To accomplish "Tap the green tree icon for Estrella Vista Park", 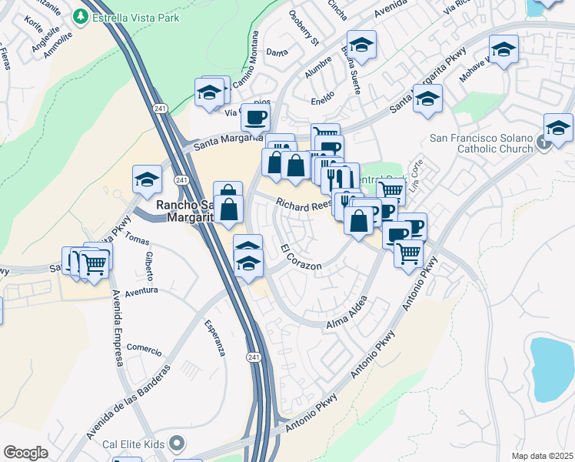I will [81, 16].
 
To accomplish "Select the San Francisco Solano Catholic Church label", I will [480, 144].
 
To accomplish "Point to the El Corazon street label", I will [301, 258].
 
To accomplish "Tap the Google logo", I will [25, 453].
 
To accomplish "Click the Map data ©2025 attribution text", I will [542, 456].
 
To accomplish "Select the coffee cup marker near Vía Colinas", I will [255, 116].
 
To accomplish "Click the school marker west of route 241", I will [147, 179].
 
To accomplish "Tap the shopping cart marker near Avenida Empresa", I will [95, 263].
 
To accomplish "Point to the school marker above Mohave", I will [504, 51].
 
